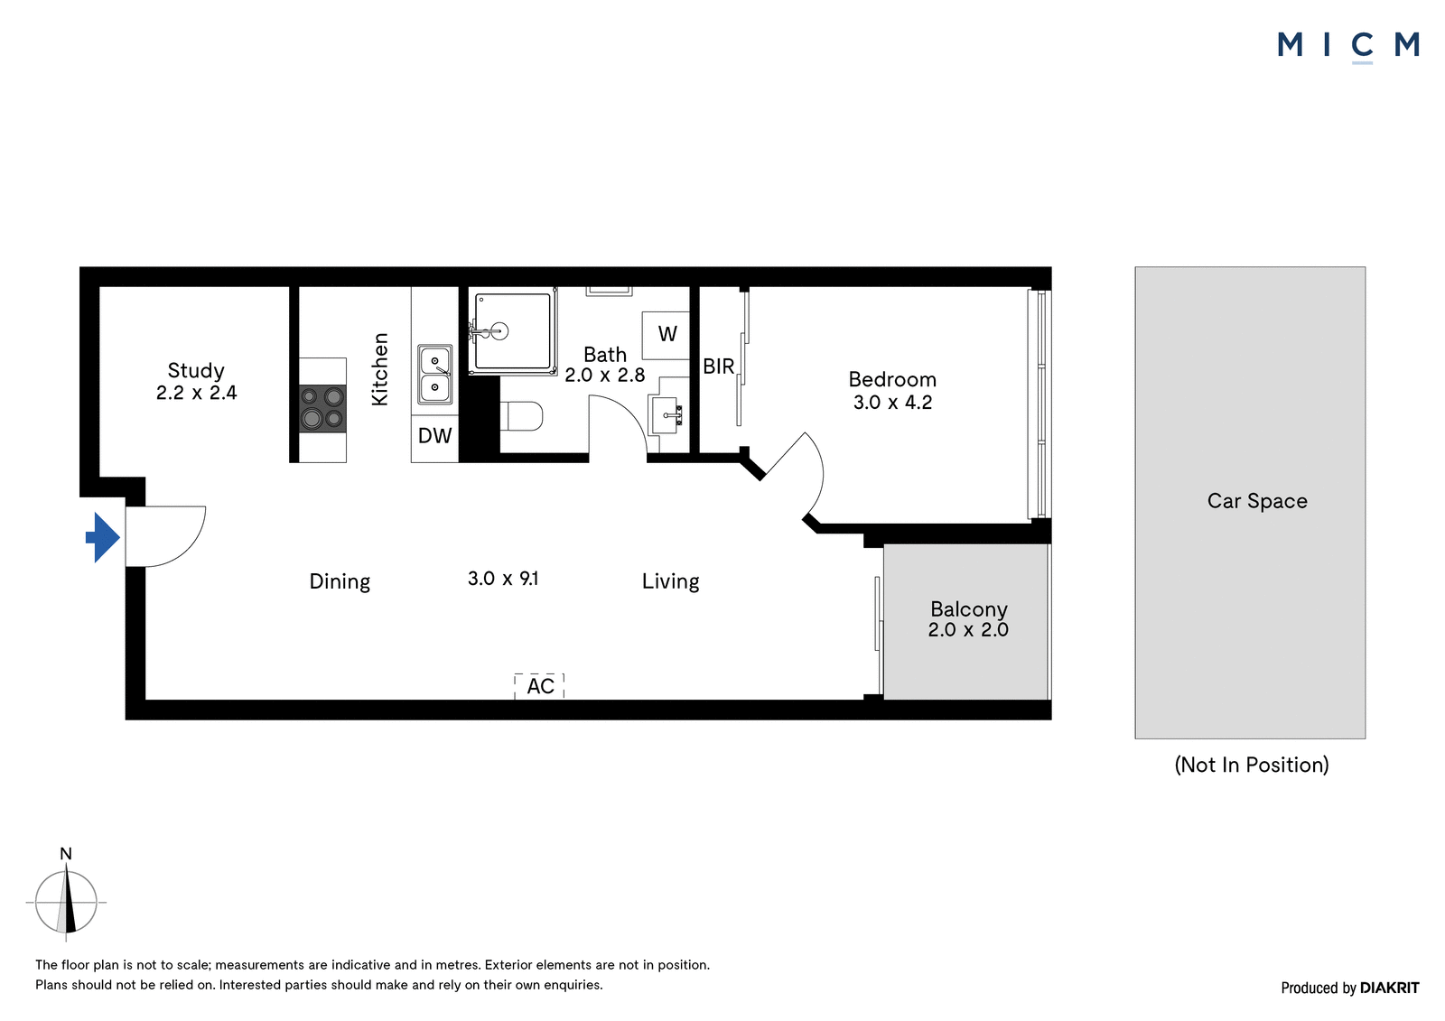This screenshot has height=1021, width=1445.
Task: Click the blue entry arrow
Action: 103,537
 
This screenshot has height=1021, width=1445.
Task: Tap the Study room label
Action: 196,370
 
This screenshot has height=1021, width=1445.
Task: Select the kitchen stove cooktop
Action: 322,409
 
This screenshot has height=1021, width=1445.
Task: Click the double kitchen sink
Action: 434,375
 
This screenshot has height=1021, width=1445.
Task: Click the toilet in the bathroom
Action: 521,416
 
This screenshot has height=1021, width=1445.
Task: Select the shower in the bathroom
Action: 513,331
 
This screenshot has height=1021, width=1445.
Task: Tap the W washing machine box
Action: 667,336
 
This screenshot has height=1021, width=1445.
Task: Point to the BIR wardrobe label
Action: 718,367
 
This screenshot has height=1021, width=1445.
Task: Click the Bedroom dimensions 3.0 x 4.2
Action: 892,403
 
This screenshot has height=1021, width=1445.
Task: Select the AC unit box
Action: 539,686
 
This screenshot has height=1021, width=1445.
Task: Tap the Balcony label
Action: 968,609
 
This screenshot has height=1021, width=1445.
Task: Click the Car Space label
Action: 1256,501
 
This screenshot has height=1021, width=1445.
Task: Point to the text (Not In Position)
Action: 1252,765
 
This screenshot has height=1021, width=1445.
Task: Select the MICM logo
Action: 1348,45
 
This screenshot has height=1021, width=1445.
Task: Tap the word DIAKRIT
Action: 1390,988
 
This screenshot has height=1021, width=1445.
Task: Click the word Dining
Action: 340,581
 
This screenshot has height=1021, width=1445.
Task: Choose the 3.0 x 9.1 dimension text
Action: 503,579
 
